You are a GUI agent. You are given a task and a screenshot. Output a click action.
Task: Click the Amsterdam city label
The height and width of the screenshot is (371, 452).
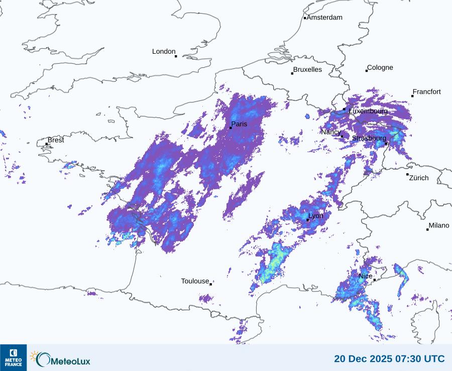[324, 18]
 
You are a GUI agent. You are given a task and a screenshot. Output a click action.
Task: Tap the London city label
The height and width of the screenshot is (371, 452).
[164, 51]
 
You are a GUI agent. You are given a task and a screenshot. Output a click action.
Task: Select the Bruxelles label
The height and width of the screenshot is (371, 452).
[307, 69]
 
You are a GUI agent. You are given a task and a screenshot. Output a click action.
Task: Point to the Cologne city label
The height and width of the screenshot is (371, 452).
[380, 68]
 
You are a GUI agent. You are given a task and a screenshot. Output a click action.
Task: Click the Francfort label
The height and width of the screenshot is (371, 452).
[426, 92]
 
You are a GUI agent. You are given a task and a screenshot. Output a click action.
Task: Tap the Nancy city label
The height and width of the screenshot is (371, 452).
[331, 132]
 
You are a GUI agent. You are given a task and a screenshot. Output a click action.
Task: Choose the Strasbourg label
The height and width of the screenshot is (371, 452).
[369, 138]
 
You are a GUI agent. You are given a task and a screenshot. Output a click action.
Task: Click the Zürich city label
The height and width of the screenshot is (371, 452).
[419, 178]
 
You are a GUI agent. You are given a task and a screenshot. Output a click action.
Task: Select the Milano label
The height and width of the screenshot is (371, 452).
[439, 225]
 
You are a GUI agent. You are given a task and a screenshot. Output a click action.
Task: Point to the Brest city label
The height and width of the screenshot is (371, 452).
[56, 140]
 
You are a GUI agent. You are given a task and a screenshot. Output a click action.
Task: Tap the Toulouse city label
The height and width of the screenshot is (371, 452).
[195, 281]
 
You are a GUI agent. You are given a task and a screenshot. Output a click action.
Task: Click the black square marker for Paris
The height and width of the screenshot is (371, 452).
[231, 128]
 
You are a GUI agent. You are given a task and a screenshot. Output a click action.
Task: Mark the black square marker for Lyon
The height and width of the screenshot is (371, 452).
[308, 220]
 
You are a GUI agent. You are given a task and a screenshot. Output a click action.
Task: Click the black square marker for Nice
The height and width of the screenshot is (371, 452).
[375, 280]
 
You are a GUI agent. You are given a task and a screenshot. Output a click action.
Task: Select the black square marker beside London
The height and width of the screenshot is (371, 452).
[176, 56]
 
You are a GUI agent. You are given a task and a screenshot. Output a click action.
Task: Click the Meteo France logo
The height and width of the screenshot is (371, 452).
[14, 357]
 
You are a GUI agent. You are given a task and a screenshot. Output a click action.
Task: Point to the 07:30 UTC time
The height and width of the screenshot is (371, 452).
[420, 359]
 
